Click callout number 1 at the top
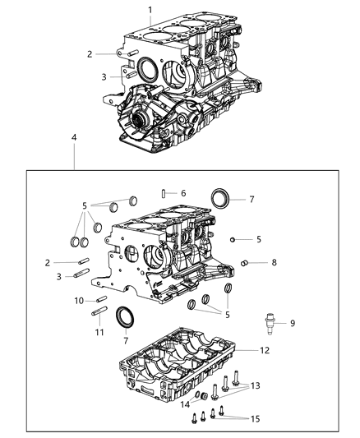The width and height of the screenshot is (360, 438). [150, 10]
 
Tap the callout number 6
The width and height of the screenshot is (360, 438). [182, 193]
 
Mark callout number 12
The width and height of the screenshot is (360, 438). [264, 351]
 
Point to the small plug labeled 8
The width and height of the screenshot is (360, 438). [244, 263]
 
